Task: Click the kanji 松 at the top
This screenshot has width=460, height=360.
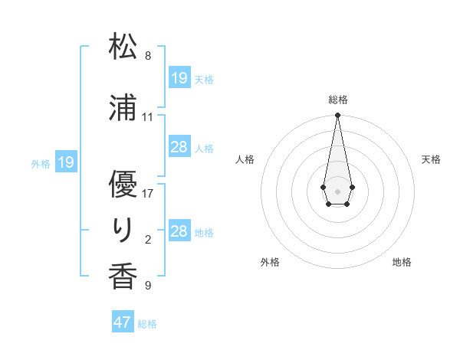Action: click(x=123, y=47)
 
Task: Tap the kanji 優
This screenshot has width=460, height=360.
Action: click(x=123, y=185)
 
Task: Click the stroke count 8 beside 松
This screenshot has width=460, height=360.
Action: click(x=148, y=56)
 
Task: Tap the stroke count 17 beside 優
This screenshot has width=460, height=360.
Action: click(x=148, y=194)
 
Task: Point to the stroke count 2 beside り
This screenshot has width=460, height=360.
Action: click(x=148, y=240)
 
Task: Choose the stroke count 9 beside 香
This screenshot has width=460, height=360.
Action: click(x=148, y=286)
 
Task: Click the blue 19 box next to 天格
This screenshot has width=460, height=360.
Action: click(x=179, y=78)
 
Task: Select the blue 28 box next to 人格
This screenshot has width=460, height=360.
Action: click(x=179, y=147)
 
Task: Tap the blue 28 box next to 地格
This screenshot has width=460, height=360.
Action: click(x=179, y=231)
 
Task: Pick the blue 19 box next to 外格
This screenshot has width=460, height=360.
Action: click(x=66, y=162)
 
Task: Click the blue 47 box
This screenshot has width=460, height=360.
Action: click(x=123, y=322)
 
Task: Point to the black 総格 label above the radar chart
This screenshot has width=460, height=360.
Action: click(x=337, y=100)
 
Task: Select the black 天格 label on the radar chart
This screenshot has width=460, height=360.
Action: click(x=431, y=159)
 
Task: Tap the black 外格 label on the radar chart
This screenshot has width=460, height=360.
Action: click(x=270, y=262)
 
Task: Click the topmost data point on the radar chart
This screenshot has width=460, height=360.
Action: click(x=337, y=116)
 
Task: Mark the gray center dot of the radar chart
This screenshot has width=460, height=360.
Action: click(x=337, y=190)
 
